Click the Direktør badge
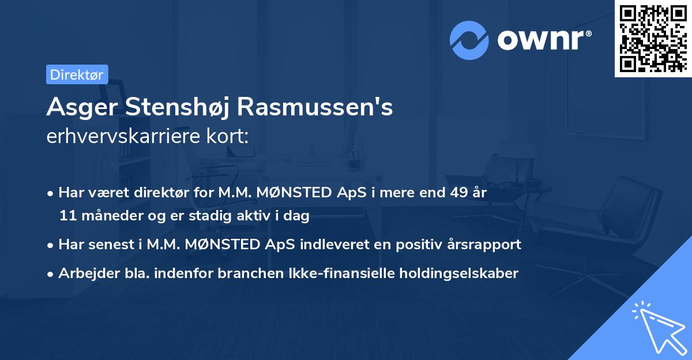pyautogui.click(x=77, y=74)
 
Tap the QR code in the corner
pyautogui.click(x=652, y=38)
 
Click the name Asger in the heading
pyautogui.click(x=80, y=107)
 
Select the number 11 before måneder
pyautogui.click(x=66, y=216)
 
